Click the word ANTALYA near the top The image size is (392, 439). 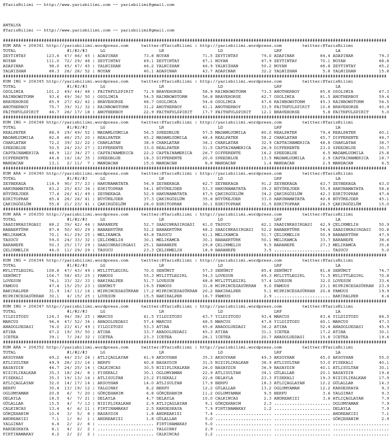point(12,25)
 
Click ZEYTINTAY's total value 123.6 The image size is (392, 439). point(53,56)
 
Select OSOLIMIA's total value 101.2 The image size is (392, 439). point(53,92)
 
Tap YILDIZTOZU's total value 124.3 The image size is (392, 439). point(53,317)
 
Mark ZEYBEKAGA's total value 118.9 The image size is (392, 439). point(53,184)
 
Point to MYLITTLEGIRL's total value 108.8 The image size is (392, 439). point(53,271)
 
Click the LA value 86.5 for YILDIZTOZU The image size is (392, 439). point(384,317)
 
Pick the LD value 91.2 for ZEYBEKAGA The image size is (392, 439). point(266,184)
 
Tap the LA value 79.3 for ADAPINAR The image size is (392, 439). point(384,56)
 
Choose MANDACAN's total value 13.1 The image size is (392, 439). point(54,163)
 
